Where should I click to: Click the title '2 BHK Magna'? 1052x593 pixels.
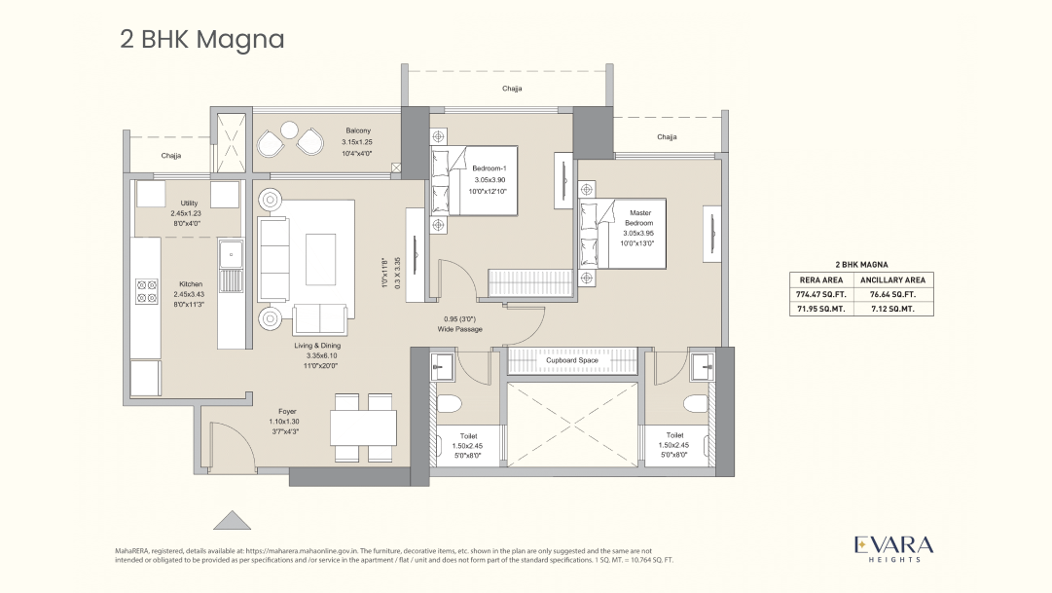(x=201, y=40)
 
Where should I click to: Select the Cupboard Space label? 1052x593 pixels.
(x=571, y=360)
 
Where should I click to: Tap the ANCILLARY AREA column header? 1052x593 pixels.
(x=892, y=279)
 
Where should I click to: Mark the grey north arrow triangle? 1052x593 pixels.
(x=232, y=520)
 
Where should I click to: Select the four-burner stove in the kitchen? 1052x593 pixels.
(x=146, y=290)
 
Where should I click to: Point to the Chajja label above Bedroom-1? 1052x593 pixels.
(x=512, y=89)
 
